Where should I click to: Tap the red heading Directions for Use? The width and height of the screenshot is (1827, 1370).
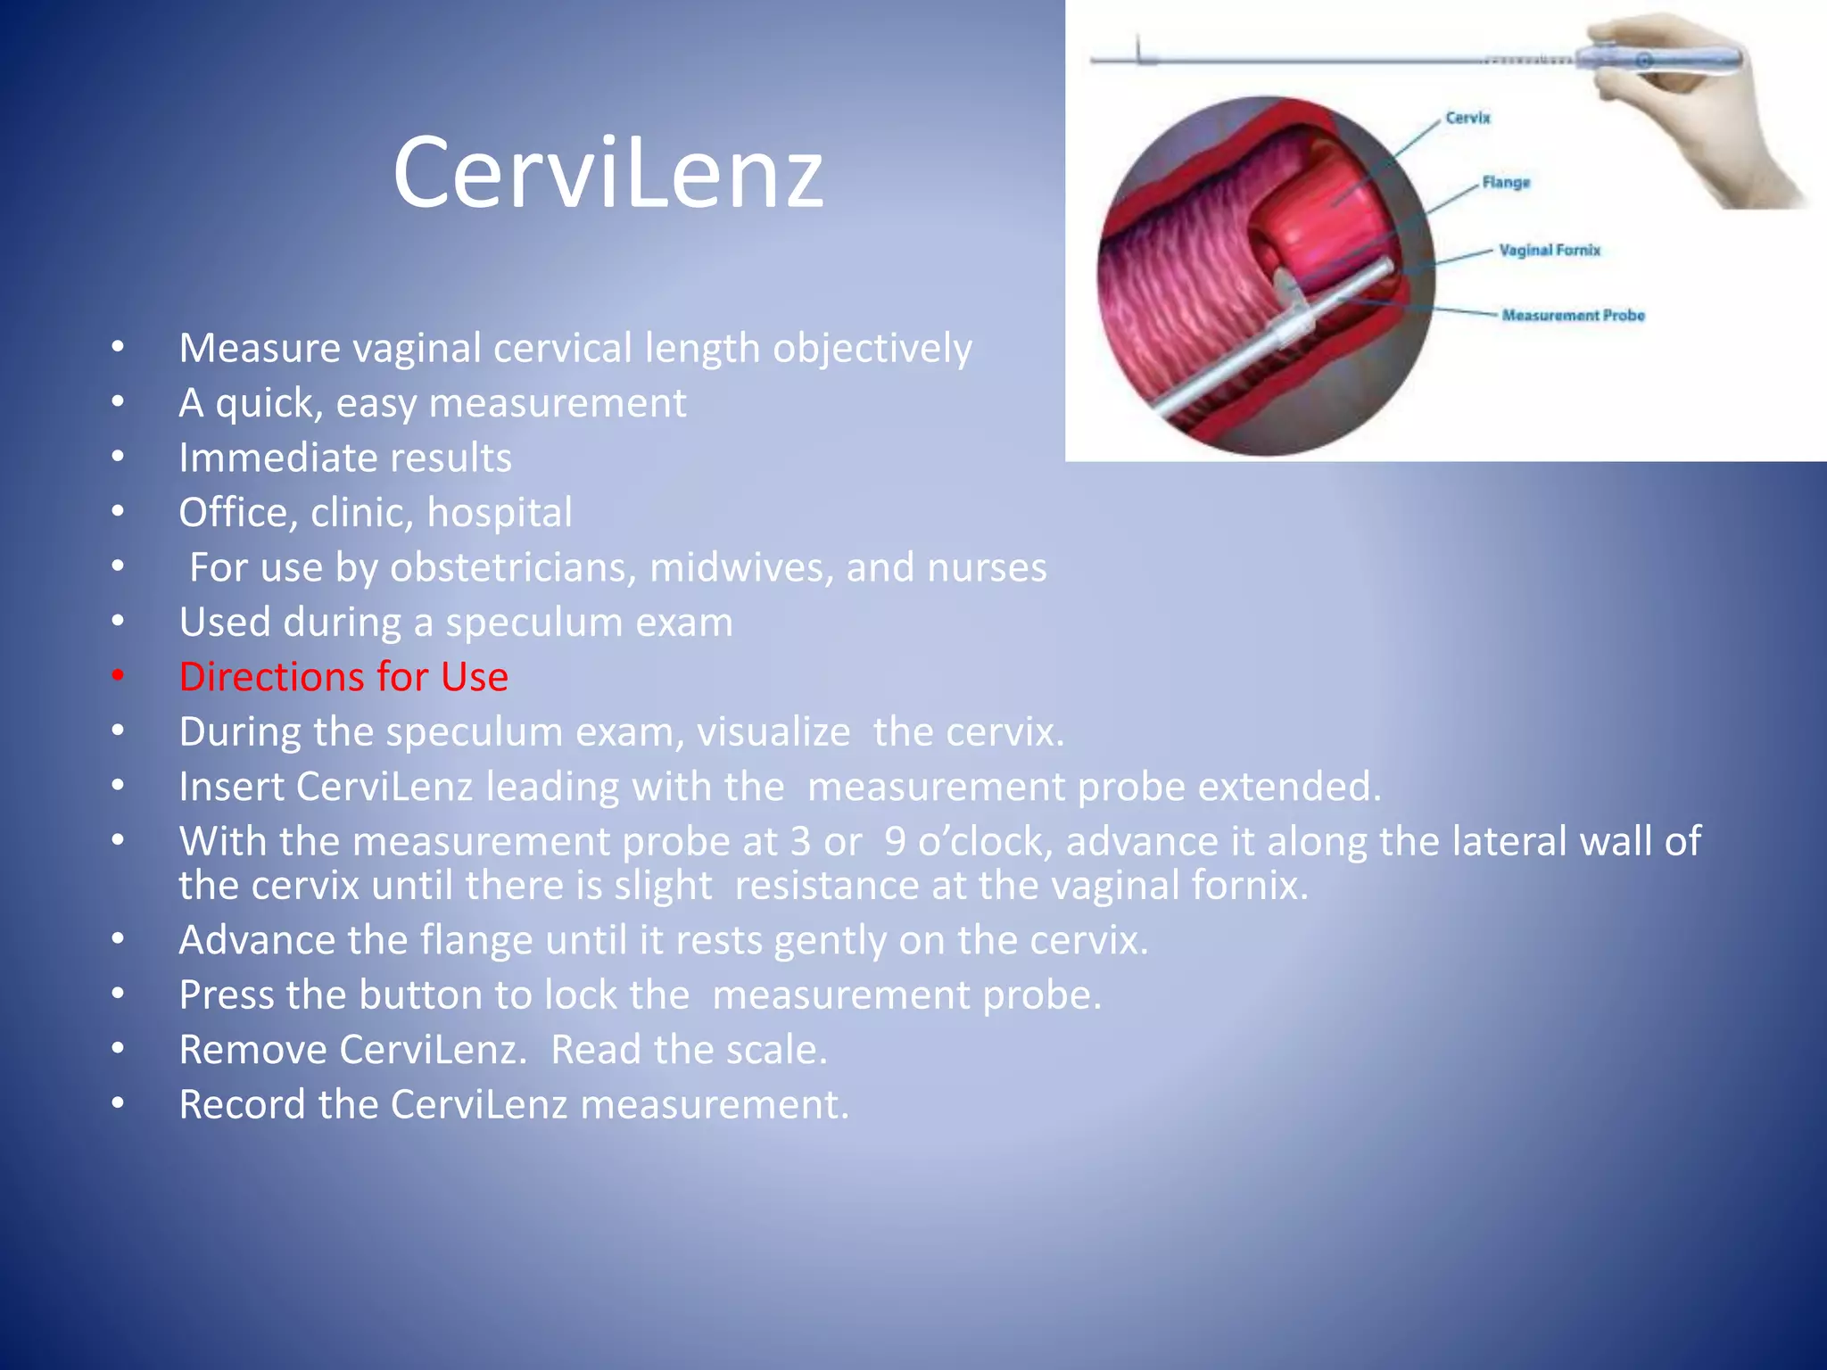coord(343,677)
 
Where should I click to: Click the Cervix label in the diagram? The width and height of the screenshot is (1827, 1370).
coord(1467,118)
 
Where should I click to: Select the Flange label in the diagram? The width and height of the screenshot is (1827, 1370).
coord(1506,183)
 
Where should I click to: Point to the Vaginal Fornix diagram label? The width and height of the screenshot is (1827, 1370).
coord(1550,251)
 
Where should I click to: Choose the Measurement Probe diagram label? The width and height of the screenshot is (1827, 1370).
coord(1573,315)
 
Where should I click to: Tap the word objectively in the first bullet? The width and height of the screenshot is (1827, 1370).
coord(872,349)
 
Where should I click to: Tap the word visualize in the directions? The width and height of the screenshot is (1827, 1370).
coord(773,732)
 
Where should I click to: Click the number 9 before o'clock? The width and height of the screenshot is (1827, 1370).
coord(895,842)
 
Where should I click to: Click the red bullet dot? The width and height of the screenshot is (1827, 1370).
coord(118,676)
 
